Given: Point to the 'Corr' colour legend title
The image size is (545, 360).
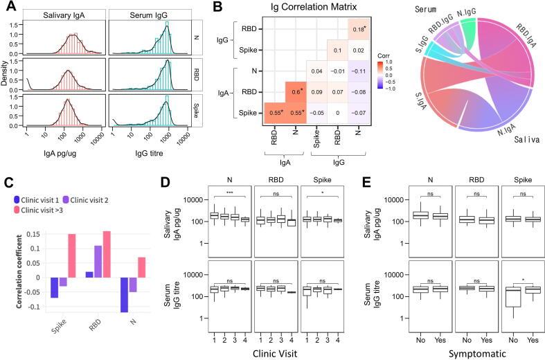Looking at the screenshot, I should [x=386, y=53].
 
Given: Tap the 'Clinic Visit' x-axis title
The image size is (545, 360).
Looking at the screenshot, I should [x=260, y=352].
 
